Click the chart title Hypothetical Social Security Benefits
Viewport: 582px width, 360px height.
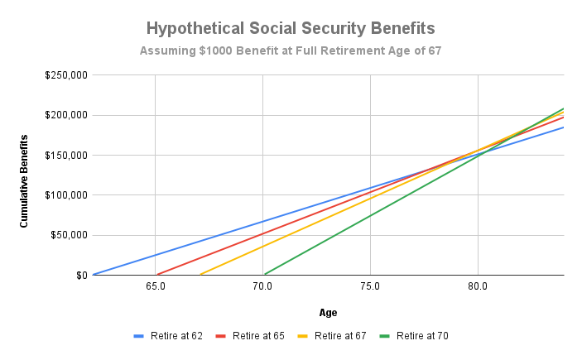291,28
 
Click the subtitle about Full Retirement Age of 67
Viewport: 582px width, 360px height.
291,51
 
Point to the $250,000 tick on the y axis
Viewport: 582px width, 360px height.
65,75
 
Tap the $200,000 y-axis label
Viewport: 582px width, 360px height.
65,115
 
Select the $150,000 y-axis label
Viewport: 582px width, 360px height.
65,155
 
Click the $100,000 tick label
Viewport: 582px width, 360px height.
65,195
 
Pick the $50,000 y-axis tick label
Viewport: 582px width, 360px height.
68,235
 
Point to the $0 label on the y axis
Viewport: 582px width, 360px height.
79,275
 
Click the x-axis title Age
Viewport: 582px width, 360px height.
328,313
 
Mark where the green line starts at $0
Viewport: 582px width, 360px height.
263,274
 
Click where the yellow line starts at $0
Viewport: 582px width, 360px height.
199,274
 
